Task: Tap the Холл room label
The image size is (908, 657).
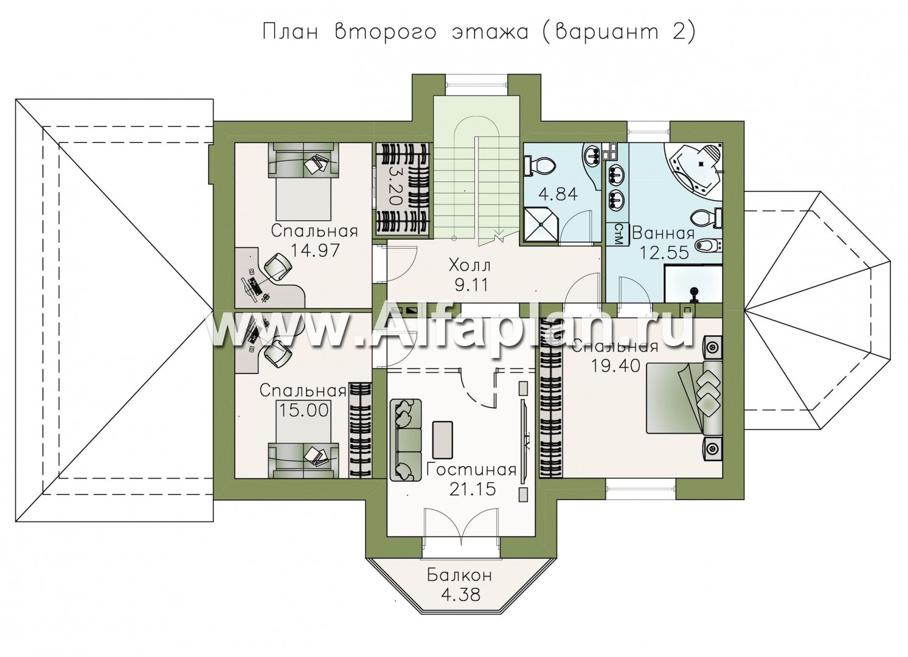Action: [470, 266]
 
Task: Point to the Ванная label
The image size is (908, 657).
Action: [663, 234]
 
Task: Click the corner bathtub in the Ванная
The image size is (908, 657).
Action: [695, 170]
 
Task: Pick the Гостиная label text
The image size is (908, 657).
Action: [471, 470]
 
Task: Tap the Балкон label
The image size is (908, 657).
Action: [459, 575]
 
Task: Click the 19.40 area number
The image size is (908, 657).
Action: [615, 366]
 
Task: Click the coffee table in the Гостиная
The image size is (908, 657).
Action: [443, 440]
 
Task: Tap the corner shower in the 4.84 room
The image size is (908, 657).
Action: [541, 226]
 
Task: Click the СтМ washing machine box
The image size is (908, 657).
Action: [618, 234]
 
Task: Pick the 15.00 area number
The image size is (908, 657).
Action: [303, 410]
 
